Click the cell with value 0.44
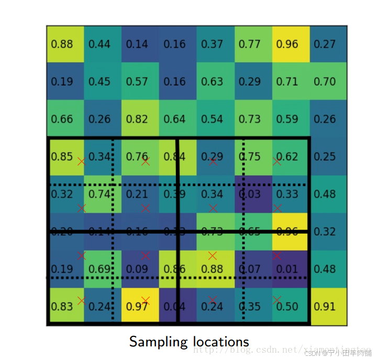99,44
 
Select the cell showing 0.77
250,44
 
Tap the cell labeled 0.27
325,44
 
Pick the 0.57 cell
137,82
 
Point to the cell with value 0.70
325,82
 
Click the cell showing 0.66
62,119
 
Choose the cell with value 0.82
137,119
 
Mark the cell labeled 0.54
212,119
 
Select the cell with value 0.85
62,157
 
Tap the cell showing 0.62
287,157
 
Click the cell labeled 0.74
99,194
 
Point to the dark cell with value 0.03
250,194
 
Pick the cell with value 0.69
99,269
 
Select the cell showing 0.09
137,269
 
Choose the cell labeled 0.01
287,269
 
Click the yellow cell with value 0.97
137,307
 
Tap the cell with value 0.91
325,307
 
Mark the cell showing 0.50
287,307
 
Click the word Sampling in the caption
154,342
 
